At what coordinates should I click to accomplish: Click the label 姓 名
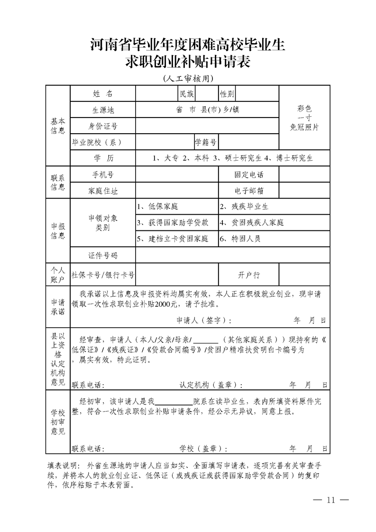103,93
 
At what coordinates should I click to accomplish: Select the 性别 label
227,94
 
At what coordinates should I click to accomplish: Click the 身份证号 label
103,126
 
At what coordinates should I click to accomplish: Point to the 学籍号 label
206,142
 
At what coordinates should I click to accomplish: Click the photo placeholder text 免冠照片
304,127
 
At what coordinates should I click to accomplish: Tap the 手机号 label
103,174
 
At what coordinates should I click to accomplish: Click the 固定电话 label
248,174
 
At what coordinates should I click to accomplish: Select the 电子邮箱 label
248,191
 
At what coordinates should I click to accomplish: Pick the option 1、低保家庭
157,207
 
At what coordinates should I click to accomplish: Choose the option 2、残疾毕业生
244,207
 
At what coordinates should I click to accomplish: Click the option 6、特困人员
240,238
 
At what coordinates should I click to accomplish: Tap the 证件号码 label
103,255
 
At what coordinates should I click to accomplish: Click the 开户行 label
248,275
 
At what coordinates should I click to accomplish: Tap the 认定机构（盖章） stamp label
211,384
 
